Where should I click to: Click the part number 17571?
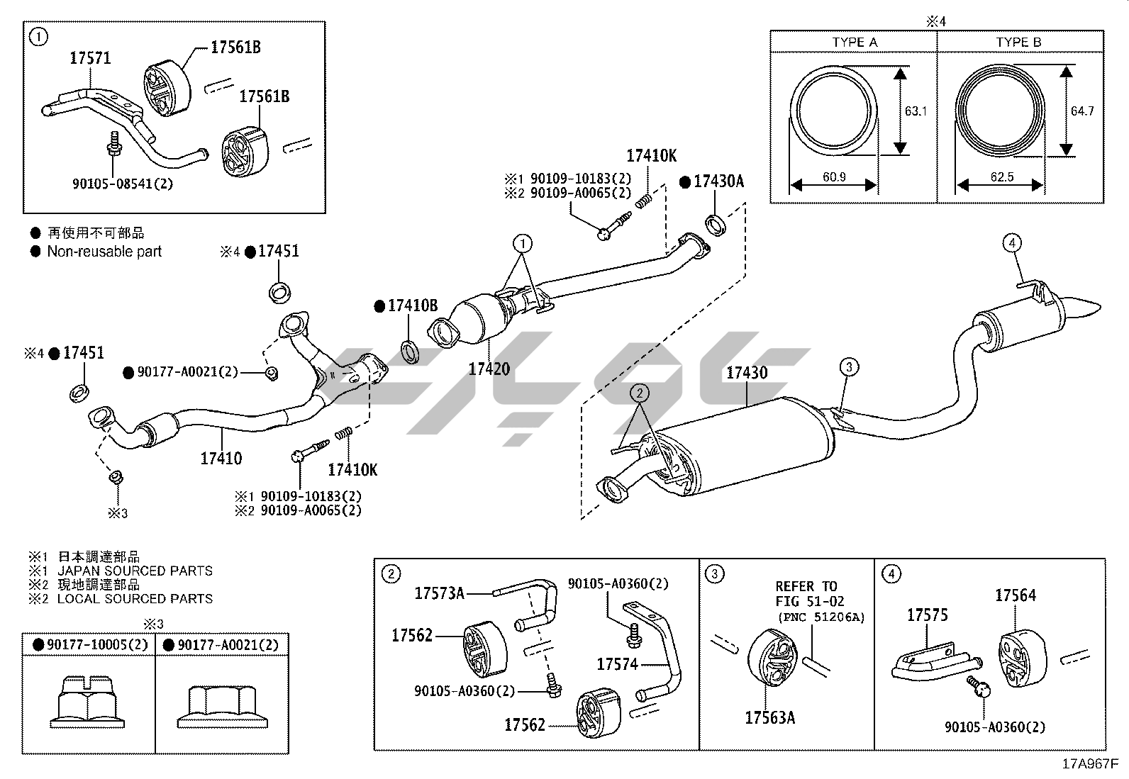point(90,58)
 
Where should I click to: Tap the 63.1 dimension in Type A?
point(916,111)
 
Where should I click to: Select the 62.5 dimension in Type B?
point(1001,177)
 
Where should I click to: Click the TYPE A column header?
point(855,43)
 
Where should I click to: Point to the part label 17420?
point(489,369)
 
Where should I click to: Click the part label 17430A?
point(718,181)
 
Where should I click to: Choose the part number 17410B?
point(413,306)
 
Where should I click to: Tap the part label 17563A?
point(770,717)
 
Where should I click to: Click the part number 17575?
point(928,615)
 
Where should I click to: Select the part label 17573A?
point(440,593)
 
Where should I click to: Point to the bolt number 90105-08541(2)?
point(123,184)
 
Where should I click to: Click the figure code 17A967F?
point(1090,764)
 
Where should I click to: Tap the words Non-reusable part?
point(104,252)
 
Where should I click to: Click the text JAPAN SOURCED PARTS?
point(135,571)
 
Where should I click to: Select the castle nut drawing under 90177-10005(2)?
point(87,702)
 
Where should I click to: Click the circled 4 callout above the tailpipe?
point(1012,243)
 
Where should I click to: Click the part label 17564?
point(1016,595)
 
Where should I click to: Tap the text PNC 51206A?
point(821,617)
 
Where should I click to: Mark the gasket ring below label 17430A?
point(716,224)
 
